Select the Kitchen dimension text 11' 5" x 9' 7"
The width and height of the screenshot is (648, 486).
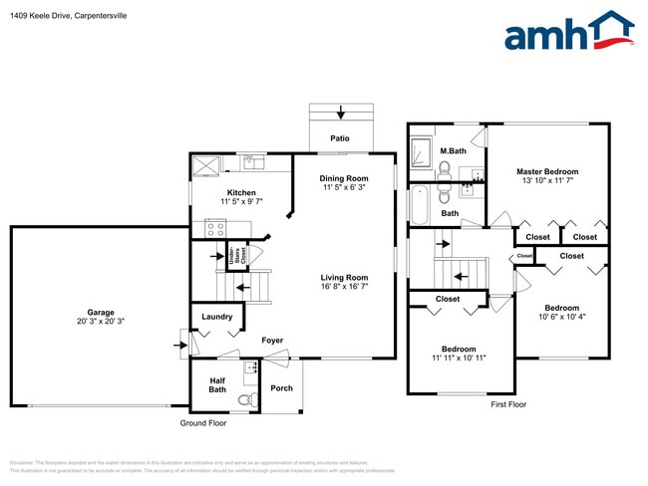click(x=241, y=202)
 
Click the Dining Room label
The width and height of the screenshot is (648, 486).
click(x=345, y=178)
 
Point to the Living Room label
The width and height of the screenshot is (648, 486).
click(x=344, y=278)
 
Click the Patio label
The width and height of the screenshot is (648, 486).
click(x=340, y=138)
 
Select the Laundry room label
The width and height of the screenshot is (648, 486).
click(x=216, y=318)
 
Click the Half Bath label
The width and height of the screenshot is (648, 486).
click(x=218, y=384)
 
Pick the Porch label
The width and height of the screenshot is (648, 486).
click(x=281, y=387)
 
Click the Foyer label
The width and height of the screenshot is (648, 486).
click(x=272, y=341)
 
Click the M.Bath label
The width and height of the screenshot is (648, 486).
click(x=454, y=151)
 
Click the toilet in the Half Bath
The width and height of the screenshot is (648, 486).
click(x=244, y=400)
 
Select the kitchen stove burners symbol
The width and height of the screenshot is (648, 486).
click(x=213, y=227)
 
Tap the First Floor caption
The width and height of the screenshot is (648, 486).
click(x=507, y=404)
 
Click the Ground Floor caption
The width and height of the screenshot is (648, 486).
click(x=203, y=423)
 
